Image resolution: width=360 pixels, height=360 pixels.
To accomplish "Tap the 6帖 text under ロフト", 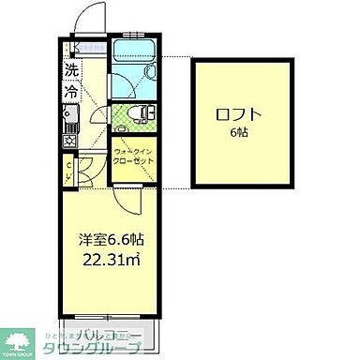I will tap(240, 133).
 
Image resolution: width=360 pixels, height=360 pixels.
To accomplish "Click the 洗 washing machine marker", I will tap(70, 69).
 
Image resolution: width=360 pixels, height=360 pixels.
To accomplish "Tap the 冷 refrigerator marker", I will tap(70, 93).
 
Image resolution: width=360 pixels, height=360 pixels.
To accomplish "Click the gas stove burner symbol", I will tap(68, 141).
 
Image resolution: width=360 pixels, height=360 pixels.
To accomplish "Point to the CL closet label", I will tap(67, 171).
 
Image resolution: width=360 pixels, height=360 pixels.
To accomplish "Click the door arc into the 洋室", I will tap(130, 199).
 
